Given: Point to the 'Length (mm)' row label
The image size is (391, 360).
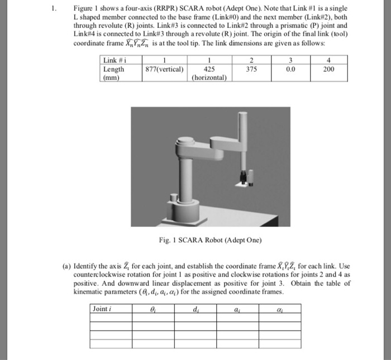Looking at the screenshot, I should tap(115, 74).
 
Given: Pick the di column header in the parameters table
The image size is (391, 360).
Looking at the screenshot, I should tap(194, 309).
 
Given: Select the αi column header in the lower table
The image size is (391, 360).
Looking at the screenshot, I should tap(278, 309).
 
